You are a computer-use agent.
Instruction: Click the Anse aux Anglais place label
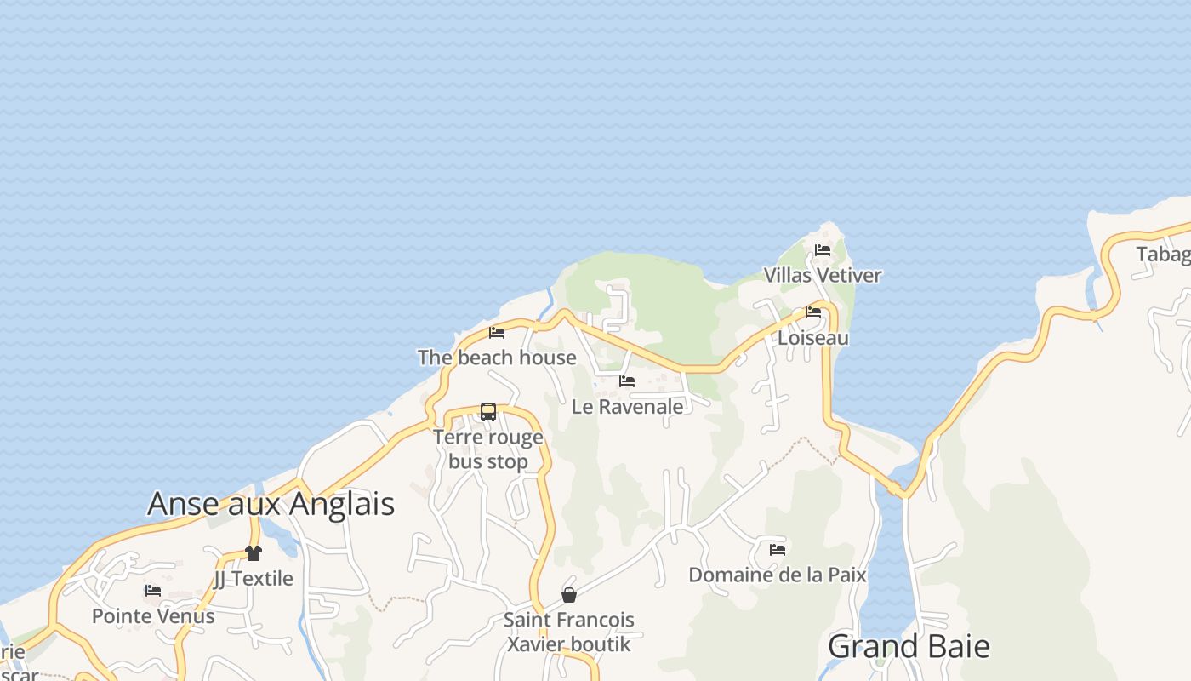271,503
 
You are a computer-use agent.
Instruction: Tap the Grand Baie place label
909,647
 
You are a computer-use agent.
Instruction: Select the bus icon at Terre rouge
488,412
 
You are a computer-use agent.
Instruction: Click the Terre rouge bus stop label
488,449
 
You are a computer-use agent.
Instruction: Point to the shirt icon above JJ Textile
253,553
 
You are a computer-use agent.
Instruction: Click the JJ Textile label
253,579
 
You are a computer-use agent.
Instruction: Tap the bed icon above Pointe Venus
153,590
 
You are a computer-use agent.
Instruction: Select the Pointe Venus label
153,615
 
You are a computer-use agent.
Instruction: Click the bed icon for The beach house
497,332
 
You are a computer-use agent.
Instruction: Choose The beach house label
497,358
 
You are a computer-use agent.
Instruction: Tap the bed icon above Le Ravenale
627,381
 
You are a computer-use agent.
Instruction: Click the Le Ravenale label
627,407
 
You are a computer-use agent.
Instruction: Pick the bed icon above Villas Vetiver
823,249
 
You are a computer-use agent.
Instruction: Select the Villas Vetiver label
823,275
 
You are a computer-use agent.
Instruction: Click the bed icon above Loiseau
813,312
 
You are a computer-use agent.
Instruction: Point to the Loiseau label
813,338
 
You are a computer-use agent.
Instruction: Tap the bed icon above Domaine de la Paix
778,549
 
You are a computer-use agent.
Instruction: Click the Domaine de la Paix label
778,575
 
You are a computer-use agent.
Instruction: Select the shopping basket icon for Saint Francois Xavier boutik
569,594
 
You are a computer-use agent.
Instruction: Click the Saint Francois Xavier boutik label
569,632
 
